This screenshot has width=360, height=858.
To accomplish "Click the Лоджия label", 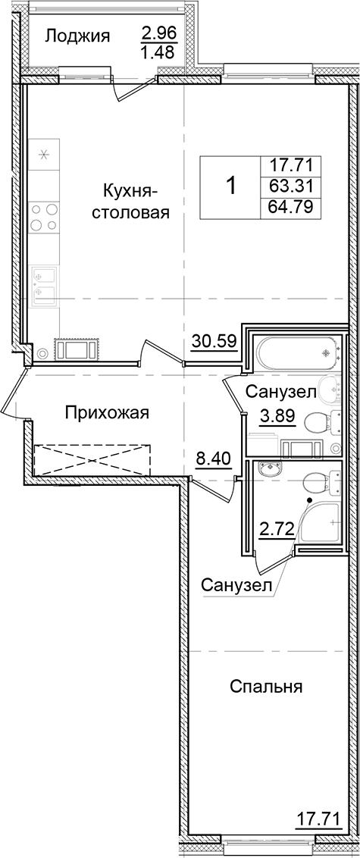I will [x=77, y=36].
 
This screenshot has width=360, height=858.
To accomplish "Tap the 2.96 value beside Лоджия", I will [x=157, y=33].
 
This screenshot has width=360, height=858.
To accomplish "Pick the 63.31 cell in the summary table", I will [x=291, y=186].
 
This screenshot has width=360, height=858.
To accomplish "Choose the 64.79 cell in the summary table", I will [x=291, y=207].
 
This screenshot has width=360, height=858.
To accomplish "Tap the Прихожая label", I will [x=106, y=413].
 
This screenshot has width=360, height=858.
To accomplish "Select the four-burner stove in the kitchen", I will [x=44, y=217].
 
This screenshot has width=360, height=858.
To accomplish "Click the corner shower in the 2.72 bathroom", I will [x=321, y=522].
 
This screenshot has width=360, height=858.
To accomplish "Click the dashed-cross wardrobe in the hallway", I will [x=91, y=459].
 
